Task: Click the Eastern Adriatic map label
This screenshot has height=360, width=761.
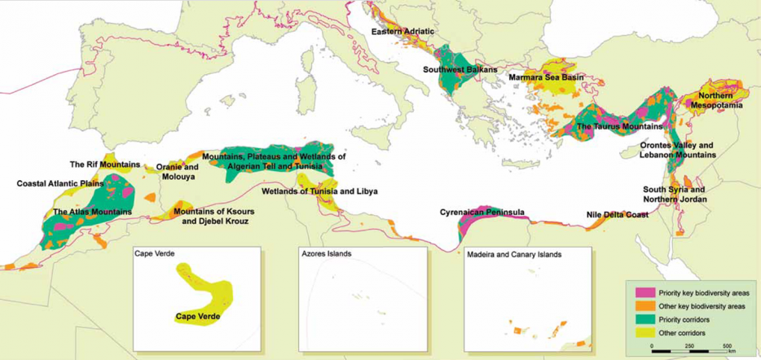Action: pyautogui.click(x=402, y=32)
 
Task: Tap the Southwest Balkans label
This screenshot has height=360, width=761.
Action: pyautogui.click(x=460, y=70)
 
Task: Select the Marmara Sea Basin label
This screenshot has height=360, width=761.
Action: pyautogui.click(x=547, y=77)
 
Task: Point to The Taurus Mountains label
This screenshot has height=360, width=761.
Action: pyautogui.click(x=617, y=126)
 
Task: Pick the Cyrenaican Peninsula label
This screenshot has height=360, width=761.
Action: pyautogui.click(x=482, y=213)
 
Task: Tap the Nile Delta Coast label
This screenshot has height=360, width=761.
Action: pyautogui.click(x=617, y=215)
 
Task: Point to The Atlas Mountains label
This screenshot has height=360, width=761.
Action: pyautogui.click(x=92, y=213)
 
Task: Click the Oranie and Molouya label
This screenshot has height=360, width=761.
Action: pyautogui.click(x=178, y=169)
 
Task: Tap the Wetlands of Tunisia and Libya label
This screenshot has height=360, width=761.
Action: pyautogui.click(x=319, y=192)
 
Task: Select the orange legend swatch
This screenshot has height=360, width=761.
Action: pyautogui.click(x=640, y=306)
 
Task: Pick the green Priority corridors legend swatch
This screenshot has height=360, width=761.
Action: pyautogui.click(x=640, y=319)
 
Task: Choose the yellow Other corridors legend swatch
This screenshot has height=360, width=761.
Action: pyautogui.click(x=640, y=332)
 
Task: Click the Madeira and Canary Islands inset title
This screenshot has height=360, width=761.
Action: pyautogui.click(x=514, y=254)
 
